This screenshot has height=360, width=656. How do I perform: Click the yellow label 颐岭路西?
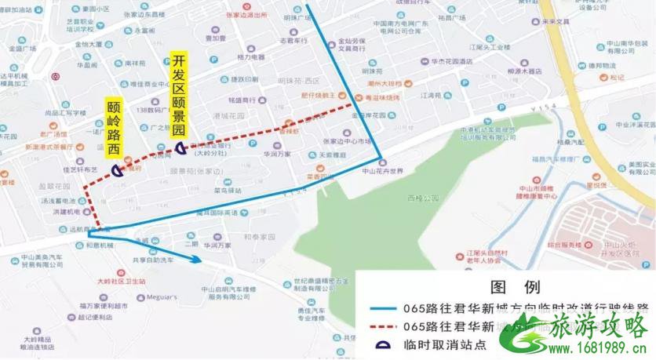[x=114, y=128]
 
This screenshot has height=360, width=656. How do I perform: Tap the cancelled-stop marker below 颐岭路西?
[x=116, y=169]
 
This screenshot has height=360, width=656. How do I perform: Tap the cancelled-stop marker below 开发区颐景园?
[x=181, y=147]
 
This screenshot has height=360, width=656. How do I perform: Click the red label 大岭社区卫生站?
[x=120, y=280]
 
